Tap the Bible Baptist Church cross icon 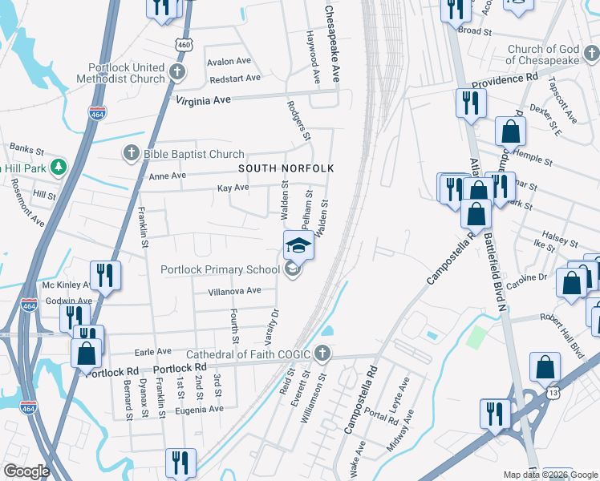132,152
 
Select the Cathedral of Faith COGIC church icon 322,354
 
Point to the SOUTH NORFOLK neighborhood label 285,168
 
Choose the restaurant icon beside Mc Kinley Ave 105,275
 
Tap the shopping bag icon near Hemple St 510,132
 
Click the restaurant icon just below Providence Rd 470,103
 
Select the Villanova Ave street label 234,291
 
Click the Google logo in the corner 26,471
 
